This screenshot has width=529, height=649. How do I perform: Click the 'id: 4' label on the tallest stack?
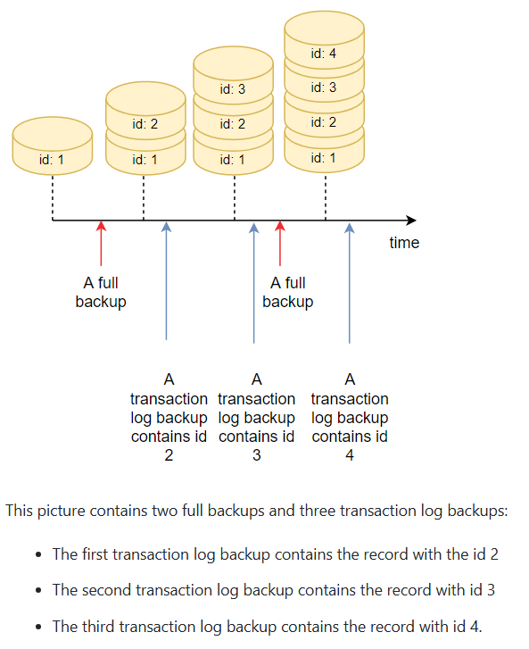(x=324, y=54)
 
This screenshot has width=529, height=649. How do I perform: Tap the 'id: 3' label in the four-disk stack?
(x=324, y=87)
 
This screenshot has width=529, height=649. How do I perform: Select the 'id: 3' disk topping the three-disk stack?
(x=233, y=74)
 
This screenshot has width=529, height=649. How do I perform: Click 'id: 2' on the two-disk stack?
(x=145, y=124)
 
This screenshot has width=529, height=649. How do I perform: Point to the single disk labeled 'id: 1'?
(x=53, y=146)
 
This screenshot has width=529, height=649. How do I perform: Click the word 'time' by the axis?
(x=404, y=243)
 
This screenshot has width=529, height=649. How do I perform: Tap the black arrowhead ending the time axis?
(x=410, y=220)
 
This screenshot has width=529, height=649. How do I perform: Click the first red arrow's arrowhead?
(x=101, y=226)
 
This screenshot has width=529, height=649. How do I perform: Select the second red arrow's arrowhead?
(x=280, y=226)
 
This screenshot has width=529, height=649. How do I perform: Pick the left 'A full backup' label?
(x=101, y=292)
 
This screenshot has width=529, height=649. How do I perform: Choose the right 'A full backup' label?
(x=288, y=292)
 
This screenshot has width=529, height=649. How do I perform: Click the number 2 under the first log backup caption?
(x=169, y=455)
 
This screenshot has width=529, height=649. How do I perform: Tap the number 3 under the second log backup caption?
(x=256, y=455)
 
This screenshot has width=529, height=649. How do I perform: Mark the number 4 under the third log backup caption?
(x=350, y=455)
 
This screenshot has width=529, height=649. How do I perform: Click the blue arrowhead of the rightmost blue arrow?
(x=350, y=228)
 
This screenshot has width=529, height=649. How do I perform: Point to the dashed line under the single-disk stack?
(x=53, y=197)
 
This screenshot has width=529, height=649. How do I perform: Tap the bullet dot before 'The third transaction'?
(x=38, y=627)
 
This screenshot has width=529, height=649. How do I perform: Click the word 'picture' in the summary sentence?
(x=62, y=511)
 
